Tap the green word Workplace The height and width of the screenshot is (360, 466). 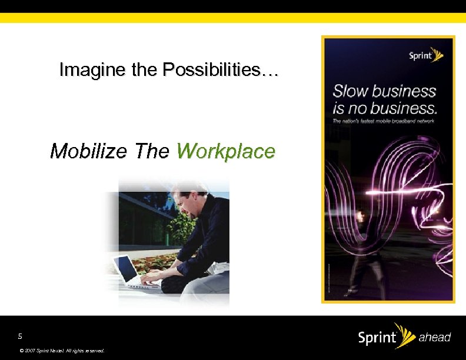coord(225,151)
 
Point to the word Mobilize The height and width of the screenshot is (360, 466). coord(88,151)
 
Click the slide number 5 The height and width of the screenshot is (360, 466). coord(20,336)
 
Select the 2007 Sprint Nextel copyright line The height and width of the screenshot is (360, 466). coord(62,350)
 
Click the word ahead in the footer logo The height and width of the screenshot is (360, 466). coord(434,337)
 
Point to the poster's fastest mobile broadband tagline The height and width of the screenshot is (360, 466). coord(383,121)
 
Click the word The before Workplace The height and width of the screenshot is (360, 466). coord(151,151)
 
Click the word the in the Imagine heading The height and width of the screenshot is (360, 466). coord(144,71)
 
